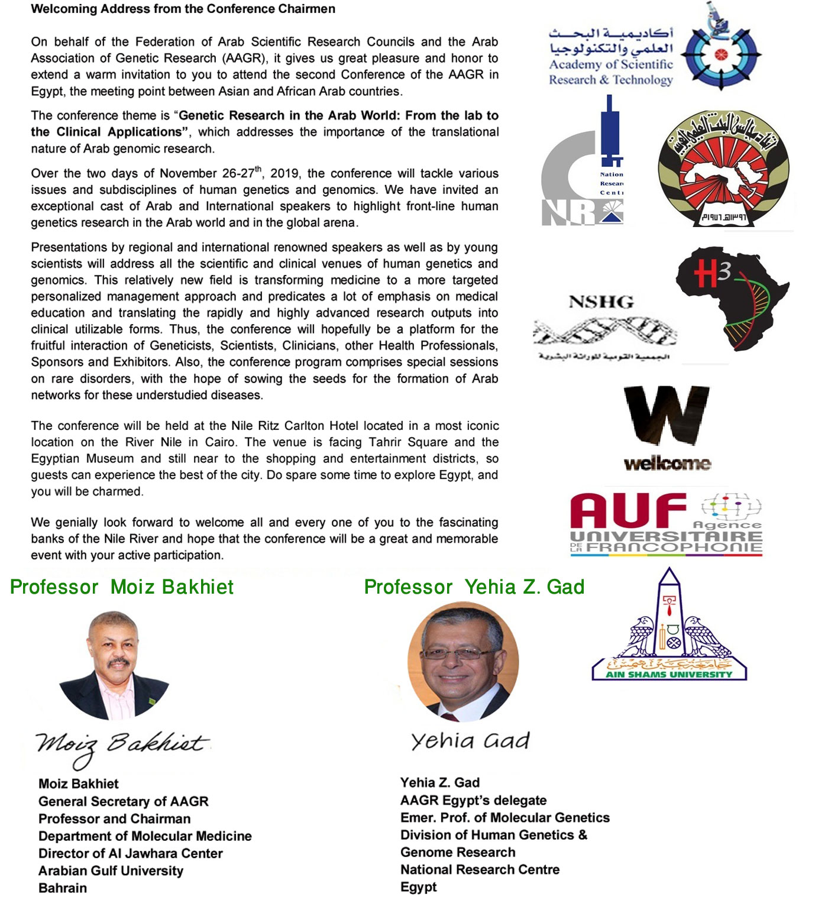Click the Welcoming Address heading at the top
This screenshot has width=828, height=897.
pyautogui.click(x=183, y=9)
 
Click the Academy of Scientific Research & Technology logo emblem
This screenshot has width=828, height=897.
pyautogui.click(x=720, y=54)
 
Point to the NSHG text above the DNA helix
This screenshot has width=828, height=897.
pyautogui.click(x=601, y=302)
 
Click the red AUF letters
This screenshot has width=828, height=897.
pyautogui.click(x=628, y=510)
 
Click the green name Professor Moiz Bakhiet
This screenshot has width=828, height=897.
pyautogui.click(x=122, y=587)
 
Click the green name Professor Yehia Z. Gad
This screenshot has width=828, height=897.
pyautogui.click(x=474, y=587)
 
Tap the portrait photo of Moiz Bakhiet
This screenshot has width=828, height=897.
pyautogui.click(x=114, y=664)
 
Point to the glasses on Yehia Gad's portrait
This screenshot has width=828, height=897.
pyautogui.click(x=454, y=653)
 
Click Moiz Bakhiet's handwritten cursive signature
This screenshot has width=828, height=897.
pyautogui.click(x=122, y=747)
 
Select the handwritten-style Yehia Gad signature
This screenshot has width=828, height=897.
pyautogui.click(x=470, y=741)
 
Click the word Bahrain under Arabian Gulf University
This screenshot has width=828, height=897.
pyautogui.click(x=63, y=888)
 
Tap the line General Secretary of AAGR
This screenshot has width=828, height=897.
pyautogui.click(x=124, y=801)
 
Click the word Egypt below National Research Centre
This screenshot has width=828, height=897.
pyautogui.click(x=419, y=887)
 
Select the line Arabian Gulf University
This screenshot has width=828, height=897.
pyautogui.click(x=111, y=870)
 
